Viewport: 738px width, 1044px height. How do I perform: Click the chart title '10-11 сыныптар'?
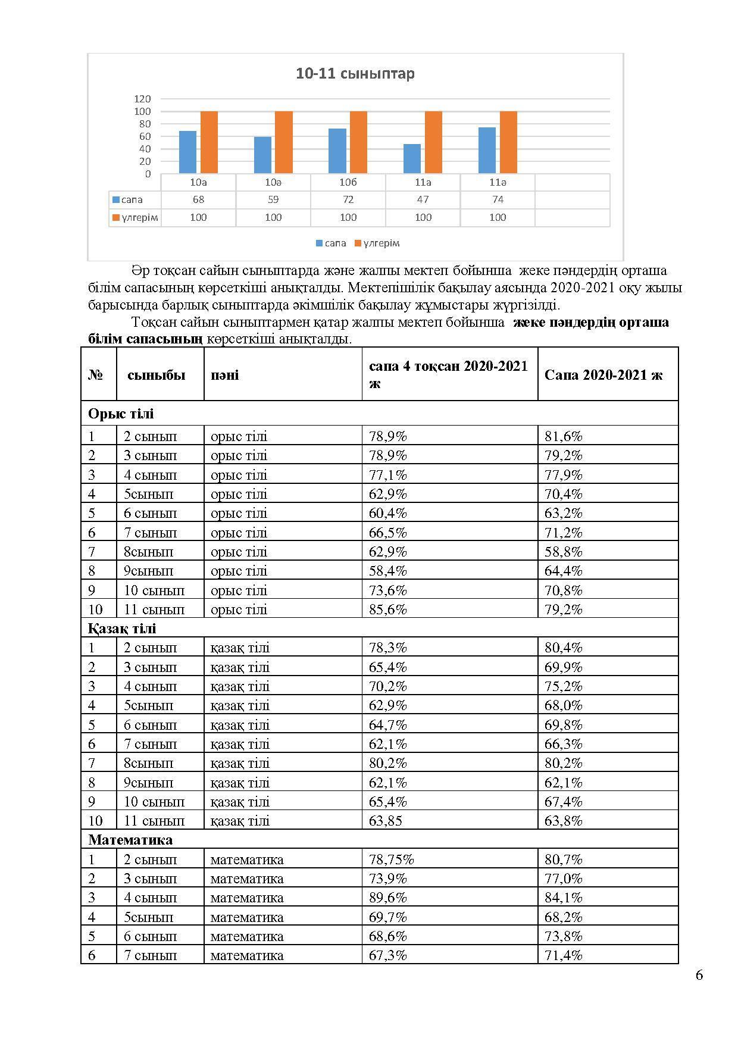[x=355, y=74]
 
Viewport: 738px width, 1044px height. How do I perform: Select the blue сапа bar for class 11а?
[x=412, y=159]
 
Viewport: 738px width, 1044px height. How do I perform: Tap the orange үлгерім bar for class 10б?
[x=358, y=142]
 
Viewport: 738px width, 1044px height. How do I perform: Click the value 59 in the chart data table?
[x=273, y=200]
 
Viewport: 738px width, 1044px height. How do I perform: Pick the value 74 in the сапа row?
[x=498, y=200]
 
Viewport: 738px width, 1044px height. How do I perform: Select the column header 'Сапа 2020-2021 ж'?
[x=603, y=375]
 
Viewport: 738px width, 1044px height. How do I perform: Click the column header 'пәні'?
[x=224, y=375]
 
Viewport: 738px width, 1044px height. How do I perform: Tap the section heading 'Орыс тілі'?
[x=121, y=414]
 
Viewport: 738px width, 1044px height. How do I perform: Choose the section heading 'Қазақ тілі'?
[x=122, y=629]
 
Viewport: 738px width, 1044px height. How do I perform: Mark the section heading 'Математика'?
[x=130, y=840]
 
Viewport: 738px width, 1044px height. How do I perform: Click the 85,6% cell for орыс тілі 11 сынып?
[x=388, y=609]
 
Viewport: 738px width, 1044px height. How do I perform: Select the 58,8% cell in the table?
[x=563, y=552]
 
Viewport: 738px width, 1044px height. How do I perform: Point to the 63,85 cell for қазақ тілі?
[x=385, y=821]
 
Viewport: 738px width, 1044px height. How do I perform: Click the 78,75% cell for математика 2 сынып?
[x=391, y=859]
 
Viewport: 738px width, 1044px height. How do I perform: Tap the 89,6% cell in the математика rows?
[x=388, y=898]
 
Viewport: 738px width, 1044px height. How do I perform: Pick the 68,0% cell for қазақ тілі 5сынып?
[x=563, y=705]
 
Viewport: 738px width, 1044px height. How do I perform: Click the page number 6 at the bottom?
[x=699, y=975]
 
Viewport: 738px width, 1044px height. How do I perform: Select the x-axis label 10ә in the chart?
[x=273, y=183]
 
